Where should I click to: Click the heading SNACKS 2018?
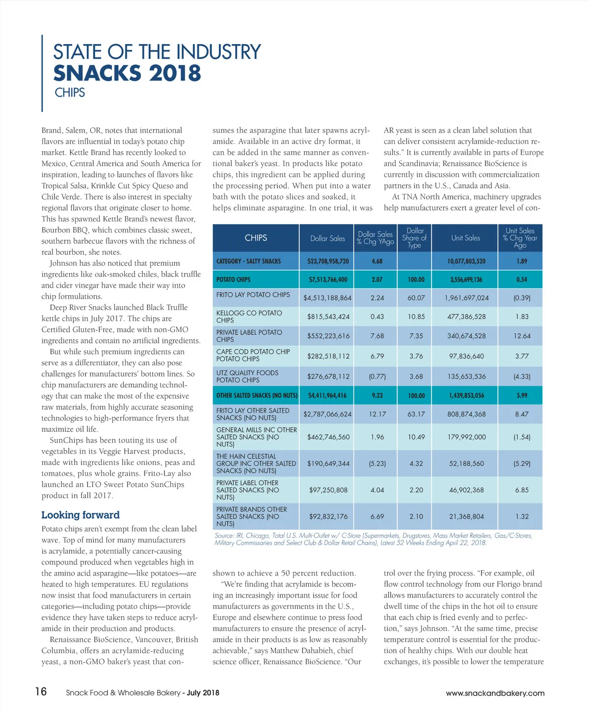(x=127, y=74)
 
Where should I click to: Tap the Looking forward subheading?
(x=80, y=515)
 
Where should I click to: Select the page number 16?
(x=41, y=691)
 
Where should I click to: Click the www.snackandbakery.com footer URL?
(x=495, y=693)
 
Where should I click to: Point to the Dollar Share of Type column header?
(x=414, y=238)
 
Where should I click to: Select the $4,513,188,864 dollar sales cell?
(x=327, y=298)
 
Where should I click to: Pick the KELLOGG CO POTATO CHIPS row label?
(x=249, y=316)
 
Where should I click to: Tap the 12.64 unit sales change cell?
(x=521, y=336)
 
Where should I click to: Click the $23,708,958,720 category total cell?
(x=328, y=261)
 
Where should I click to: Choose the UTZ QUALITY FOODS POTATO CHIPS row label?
(x=247, y=376)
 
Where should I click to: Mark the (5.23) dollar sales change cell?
(x=377, y=463)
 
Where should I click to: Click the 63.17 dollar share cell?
(x=416, y=414)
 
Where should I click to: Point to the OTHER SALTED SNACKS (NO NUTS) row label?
(x=257, y=395)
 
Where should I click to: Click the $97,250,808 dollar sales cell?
(x=328, y=490)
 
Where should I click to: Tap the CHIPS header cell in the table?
(x=256, y=238)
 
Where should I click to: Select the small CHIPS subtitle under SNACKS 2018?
(x=70, y=93)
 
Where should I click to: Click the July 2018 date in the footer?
(x=203, y=693)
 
